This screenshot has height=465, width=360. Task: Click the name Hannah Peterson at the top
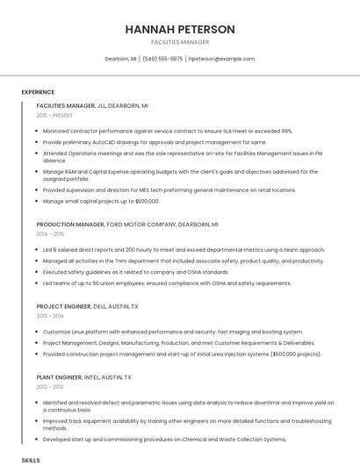coord(180,29)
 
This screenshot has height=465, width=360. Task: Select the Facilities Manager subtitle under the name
coord(180,42)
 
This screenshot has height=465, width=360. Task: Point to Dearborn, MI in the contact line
coord(120,59)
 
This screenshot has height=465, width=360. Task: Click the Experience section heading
coord(38,92)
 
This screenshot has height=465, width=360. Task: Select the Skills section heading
coord(31,460)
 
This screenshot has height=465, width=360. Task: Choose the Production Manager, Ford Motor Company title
coord(127,225)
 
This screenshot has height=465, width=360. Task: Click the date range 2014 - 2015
coord(51,234)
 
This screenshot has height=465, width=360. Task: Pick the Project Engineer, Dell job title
coord(87,306)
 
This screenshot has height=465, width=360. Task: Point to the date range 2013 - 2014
coord(51,316)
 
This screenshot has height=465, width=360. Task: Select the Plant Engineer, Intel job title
coord(83,377)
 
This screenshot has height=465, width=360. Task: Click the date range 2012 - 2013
coord(51,387)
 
